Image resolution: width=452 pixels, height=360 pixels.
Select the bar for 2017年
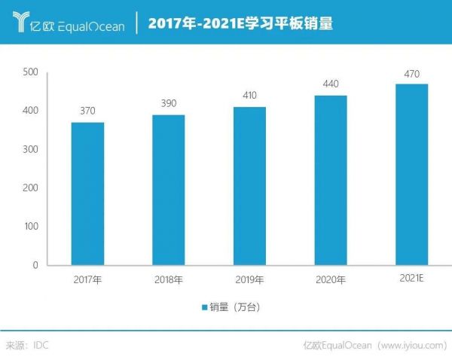(87, 194)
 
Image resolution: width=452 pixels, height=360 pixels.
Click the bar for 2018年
(168, 190)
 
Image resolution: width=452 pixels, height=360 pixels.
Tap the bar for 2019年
(249, 186)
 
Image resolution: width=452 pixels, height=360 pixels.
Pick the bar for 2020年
(330, 180)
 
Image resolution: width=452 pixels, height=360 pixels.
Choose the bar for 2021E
(411, 175)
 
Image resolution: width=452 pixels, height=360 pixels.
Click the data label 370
(87, 111)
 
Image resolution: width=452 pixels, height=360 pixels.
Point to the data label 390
(168, 103)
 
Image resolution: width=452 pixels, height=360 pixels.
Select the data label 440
(330, 84)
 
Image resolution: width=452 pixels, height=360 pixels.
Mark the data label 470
(411, 73)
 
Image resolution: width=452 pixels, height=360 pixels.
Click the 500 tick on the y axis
(30, 72)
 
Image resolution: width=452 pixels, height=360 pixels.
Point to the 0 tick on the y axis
(35, 265)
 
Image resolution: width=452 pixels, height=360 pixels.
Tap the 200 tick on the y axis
(30, 188)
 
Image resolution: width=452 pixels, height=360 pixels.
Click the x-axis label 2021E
(411, 279)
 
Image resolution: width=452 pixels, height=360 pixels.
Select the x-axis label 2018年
(168, 280)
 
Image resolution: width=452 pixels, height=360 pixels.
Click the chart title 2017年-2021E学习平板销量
(240, 23)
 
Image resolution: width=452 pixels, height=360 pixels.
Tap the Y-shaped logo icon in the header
(20, 23)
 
